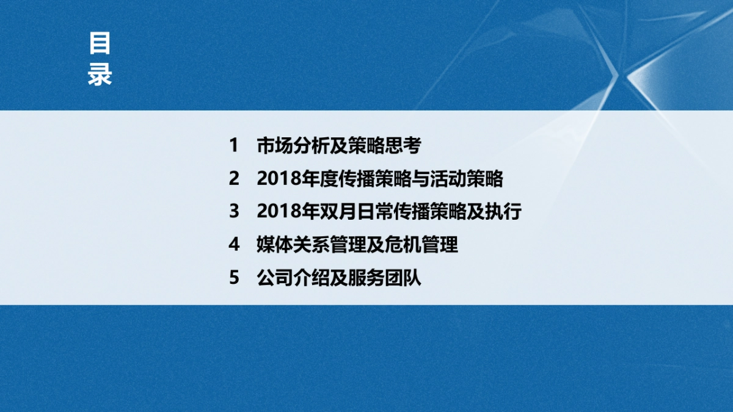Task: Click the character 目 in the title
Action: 100,45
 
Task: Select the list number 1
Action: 233,146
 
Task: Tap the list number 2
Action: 233,179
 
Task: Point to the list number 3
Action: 233,212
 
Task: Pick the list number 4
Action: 233,245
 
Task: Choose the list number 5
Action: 233,278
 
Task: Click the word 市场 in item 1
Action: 274,146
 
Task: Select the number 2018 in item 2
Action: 279,179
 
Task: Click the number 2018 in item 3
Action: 279,212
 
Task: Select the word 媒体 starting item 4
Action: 274,245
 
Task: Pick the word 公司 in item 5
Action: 274,278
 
